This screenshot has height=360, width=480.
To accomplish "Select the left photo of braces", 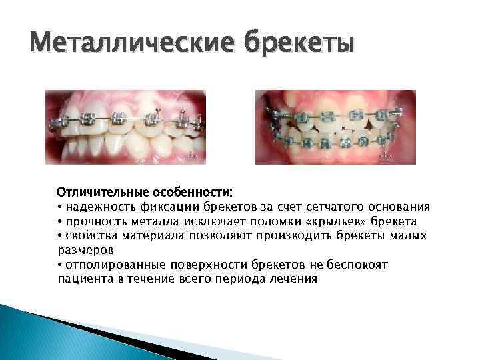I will click(x=125, y=127).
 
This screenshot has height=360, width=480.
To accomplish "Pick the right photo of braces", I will click(x=335, y=127).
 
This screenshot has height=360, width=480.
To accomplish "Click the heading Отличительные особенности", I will click(x=145, y=192).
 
